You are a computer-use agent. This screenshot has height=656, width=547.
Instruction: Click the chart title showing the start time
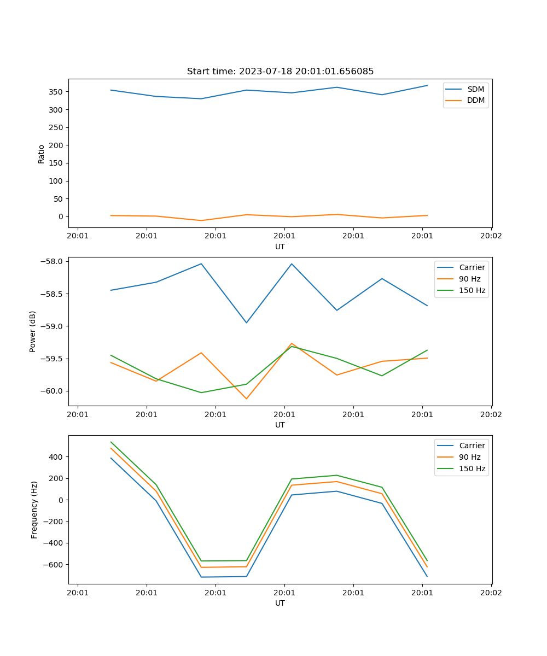[280, 72]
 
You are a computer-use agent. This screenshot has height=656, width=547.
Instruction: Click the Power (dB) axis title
[33, 331]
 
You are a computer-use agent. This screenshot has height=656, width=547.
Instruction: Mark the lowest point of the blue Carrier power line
[246, 323]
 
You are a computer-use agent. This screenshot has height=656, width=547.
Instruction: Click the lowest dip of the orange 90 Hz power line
[246, 399]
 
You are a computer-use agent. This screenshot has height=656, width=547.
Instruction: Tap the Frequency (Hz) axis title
[34, 509]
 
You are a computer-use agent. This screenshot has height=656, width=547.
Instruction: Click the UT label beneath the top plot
[280, 247]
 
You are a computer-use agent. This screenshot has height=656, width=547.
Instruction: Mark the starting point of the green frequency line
[111, 442]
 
